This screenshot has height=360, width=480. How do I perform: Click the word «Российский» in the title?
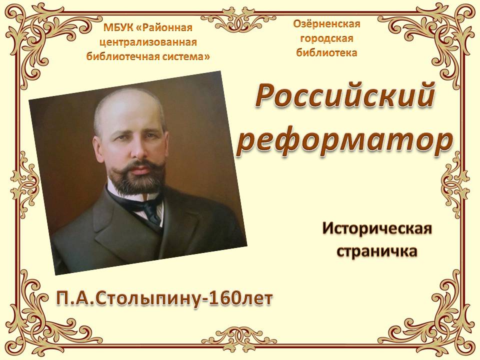(x=345, y=96)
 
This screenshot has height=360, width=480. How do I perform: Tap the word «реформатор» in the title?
(x=344, y=141)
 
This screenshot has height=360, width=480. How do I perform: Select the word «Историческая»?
(x=377, y=229)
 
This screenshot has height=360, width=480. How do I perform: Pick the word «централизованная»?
(x=148, y=42)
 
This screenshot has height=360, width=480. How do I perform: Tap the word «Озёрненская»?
(x=326, y=24)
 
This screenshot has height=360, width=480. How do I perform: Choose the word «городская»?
(x=326, y=38)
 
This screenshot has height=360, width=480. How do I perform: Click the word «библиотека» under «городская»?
(x=326, y=52)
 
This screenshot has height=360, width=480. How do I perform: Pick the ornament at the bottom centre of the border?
(x=239, y=340)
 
